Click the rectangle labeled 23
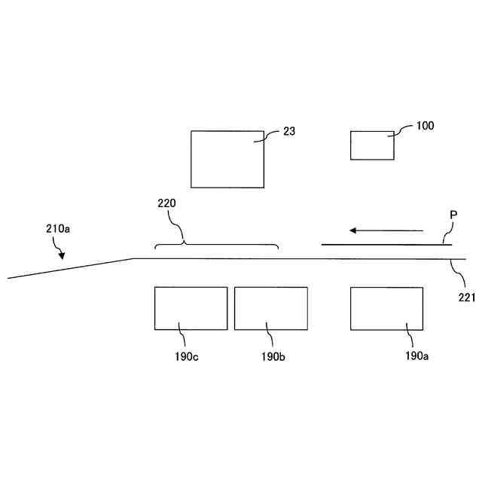click(x=227, y=159)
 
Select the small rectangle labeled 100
click(x=372, y=145)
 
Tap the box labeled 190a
click(x=386, y=308)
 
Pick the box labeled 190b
click(x=270, y=308)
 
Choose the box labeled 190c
click(x=191, y=308)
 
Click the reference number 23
click(x=289, y=131)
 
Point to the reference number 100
click(x=425, y=126)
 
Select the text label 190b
click(x=273, y=356)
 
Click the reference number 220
click(x=167, y=203)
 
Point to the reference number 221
click(x=467, y=297)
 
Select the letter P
click(x=453, y=215)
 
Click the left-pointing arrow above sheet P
click(x=385, y=230)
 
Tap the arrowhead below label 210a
click(x=61, y=256)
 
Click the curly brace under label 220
click(x=216, y=246)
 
